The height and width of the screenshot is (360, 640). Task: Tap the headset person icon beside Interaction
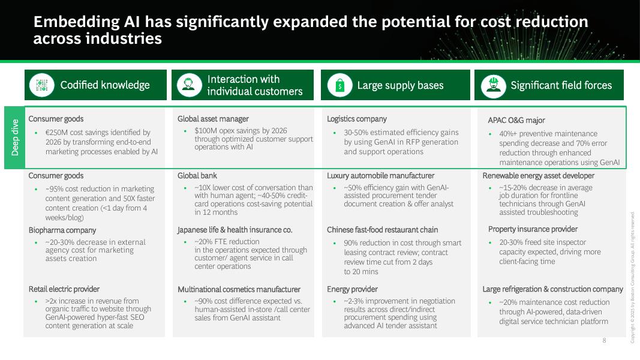point(189,85)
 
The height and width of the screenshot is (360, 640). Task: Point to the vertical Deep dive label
point(15,137)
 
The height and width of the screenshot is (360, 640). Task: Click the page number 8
point(604,341)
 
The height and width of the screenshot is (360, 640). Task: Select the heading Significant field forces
point(561,85)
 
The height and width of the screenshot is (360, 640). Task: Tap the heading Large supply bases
point(400,85)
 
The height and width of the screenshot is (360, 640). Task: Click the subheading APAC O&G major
point(516,120)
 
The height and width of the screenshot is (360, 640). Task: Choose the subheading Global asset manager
point(213,119)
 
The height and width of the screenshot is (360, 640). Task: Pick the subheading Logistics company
point(357,119)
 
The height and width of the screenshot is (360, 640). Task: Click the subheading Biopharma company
point(62,230)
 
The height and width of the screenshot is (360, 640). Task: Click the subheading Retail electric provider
point(64,289)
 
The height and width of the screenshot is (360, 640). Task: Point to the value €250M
point(58,133)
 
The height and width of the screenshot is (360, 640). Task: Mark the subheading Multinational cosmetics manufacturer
point(239,289)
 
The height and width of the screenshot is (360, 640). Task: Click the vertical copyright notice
point(633,277)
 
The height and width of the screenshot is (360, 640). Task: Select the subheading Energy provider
point(352,289)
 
